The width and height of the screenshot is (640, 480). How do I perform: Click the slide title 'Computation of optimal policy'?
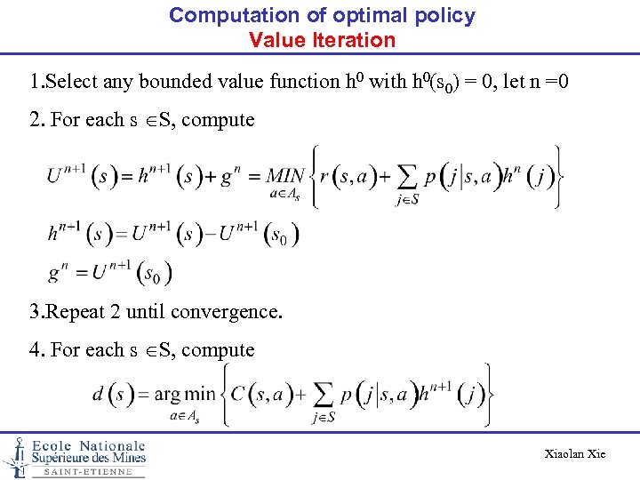click(322, 15)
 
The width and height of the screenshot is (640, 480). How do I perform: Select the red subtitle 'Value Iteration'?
click(322, 40)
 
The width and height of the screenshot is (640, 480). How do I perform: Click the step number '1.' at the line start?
click(36, 82)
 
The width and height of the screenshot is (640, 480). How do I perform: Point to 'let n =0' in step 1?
click(536, 82)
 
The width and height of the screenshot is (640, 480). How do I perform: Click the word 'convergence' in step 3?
click(230, 312)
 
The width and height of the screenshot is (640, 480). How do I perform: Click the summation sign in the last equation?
click(324, 396)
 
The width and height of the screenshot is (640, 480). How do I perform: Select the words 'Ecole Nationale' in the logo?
click(89, 445)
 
